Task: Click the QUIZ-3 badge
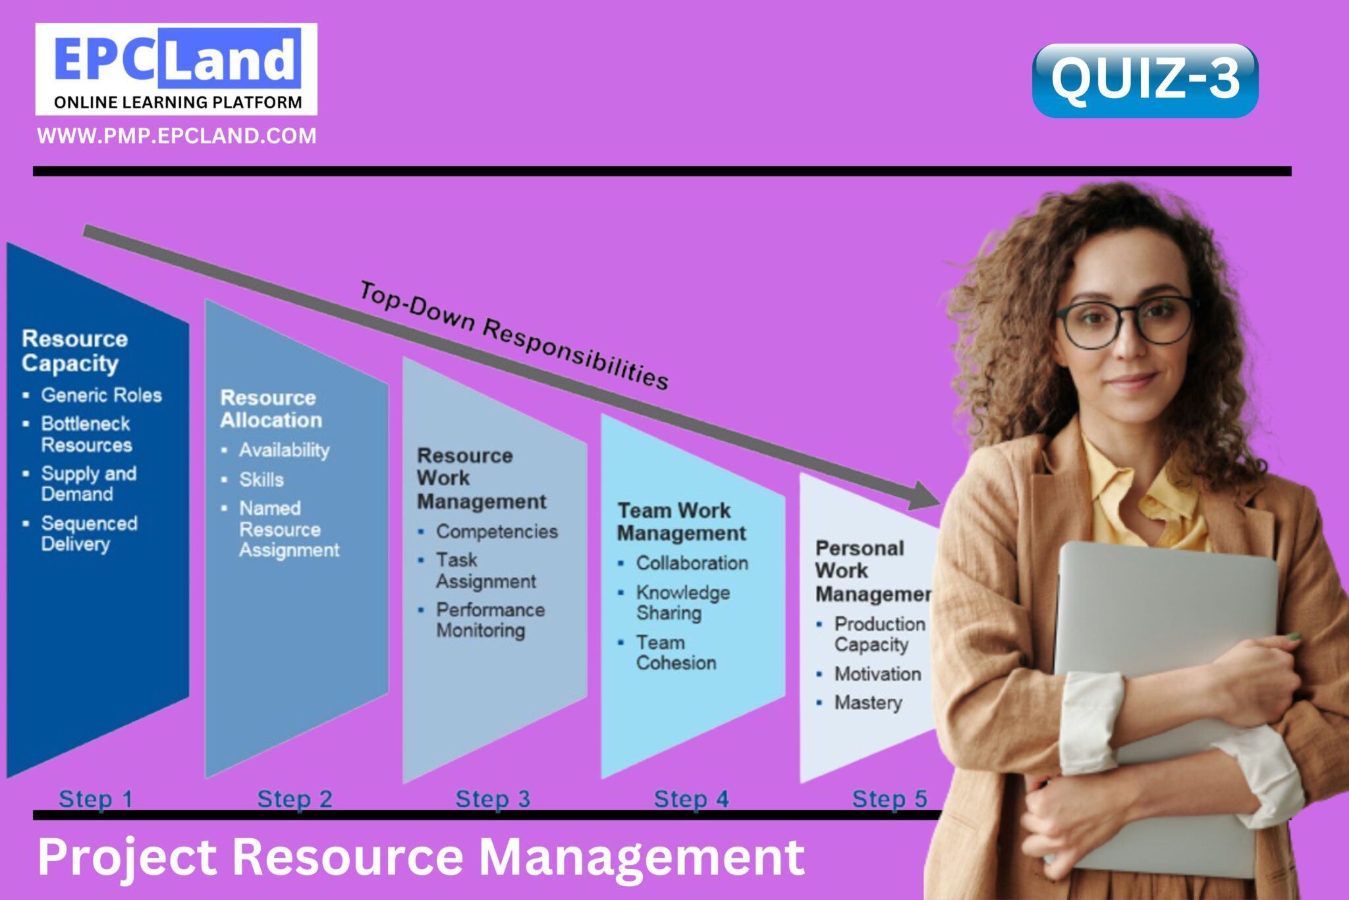[1145, 80]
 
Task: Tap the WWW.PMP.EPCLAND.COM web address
[177, 136]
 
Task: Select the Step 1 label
[96, 799]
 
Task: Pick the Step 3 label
[493, 799]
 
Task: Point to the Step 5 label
[889, 799]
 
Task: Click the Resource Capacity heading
[74, 351]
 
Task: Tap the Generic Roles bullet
[101, 395]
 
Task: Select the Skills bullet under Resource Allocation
[261, 479]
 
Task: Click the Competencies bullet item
[496, 531]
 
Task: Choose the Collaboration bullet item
[692, 563]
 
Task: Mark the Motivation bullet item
[877, 674]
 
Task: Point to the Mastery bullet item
[867, 702]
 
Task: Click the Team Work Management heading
[681, 521]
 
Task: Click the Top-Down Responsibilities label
[514, 334]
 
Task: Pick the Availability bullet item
[283, 450]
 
